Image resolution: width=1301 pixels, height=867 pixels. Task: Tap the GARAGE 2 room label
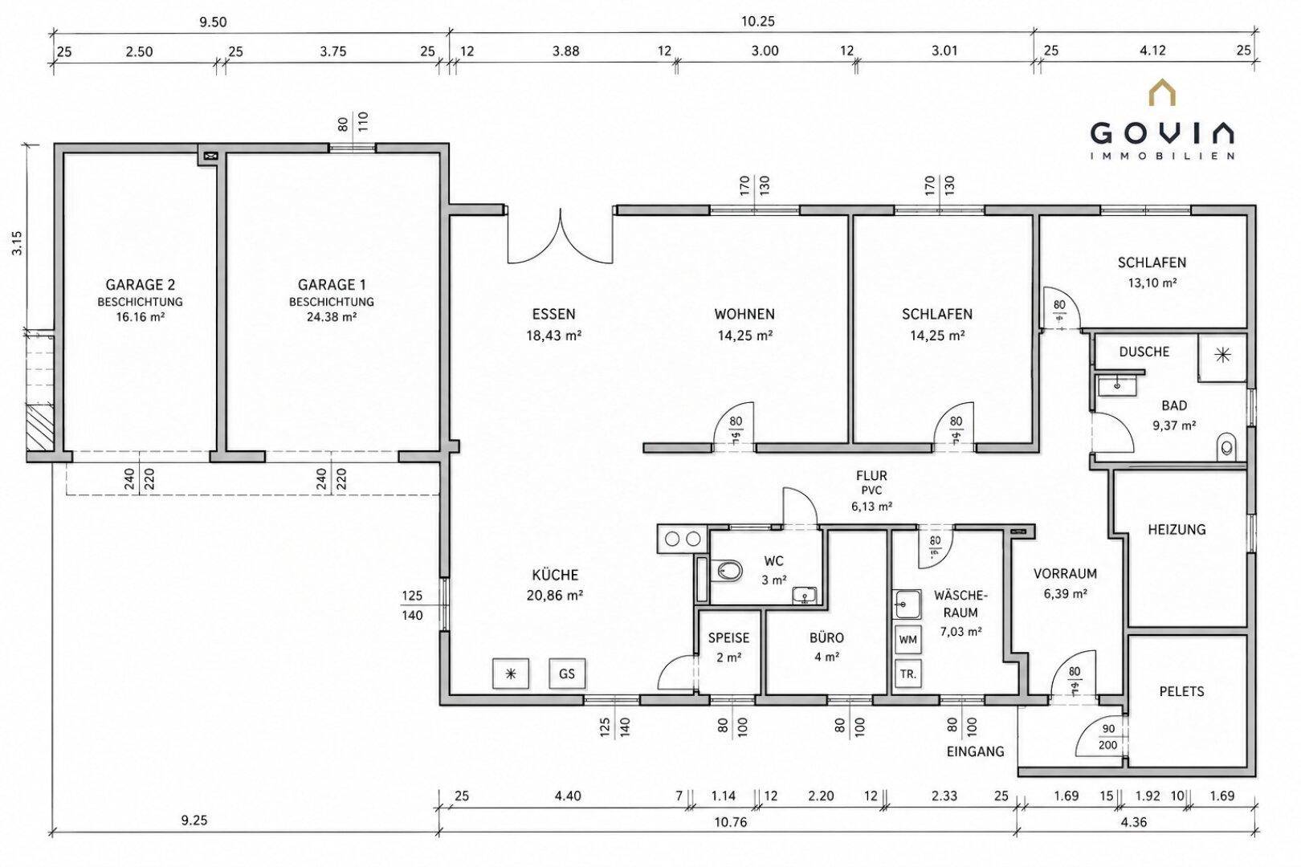pos(140,284)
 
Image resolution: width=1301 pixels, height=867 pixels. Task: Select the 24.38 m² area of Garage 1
pos(332,317)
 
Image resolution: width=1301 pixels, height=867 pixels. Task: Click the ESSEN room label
pos(553,314)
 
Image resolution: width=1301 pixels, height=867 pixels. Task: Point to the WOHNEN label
pos(744,314)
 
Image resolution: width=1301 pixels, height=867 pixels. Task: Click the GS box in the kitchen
pos(567,674)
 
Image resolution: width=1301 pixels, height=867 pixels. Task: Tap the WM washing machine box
pos(907,639)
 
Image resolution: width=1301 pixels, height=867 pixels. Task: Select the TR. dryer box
pos(907,674)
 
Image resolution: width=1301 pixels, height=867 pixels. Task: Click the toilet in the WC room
pos(729,571)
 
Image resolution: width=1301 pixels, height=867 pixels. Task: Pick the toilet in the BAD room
pos(1226,446)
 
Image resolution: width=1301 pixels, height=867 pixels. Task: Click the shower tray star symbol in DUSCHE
pos(1222,355)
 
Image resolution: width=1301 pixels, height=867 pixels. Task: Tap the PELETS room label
pos(1181,692)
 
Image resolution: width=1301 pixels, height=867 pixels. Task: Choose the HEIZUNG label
pos(1177,530)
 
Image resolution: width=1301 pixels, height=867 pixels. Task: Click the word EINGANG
pos(975,751)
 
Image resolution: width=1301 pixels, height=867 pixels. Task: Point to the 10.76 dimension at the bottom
pos(730,822)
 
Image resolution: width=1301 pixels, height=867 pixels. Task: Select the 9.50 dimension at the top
pos(213,22)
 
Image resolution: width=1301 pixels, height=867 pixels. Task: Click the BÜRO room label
pos(826,637)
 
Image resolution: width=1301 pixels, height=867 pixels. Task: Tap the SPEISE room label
pos(728,637)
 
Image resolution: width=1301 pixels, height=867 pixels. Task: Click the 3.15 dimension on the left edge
pos(18,242)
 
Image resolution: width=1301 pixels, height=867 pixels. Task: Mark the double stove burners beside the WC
pos(683,539)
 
